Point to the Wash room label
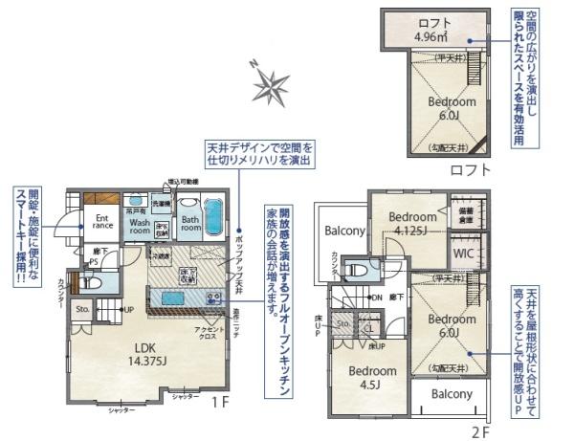140,226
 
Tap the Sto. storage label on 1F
82,309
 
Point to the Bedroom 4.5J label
371,376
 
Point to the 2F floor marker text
479,431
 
